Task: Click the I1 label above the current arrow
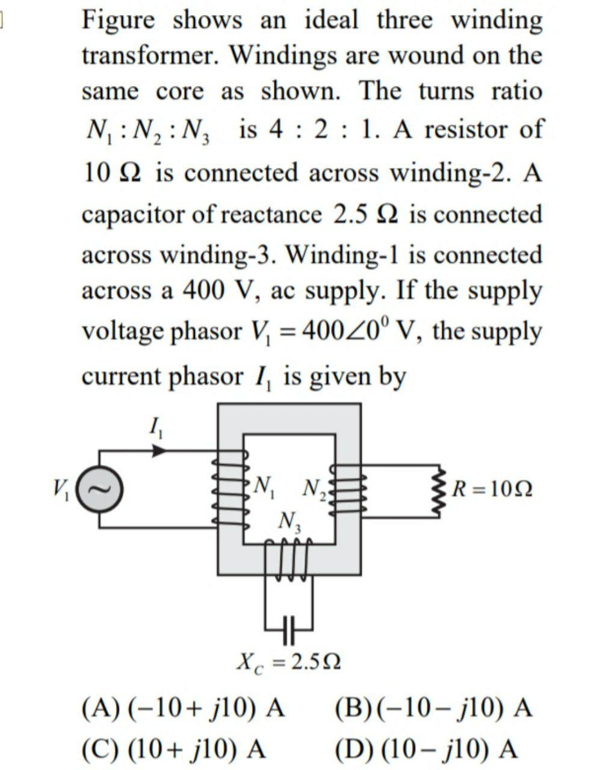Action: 156,428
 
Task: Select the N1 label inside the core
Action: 265,486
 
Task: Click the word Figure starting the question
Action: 117,21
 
